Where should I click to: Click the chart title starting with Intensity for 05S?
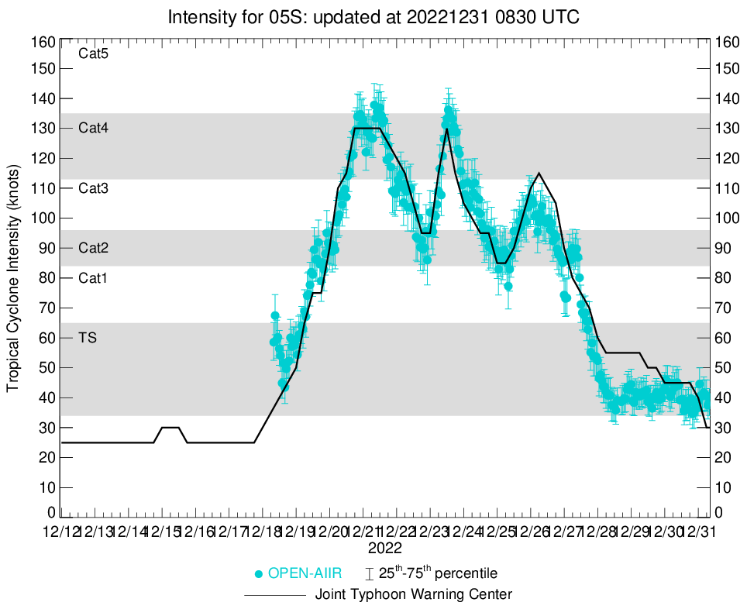(x=373, y=17)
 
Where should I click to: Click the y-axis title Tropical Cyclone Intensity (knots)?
(x=13, y=277)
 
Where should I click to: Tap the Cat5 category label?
(x=93, y=53)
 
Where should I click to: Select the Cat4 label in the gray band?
(x=93, y=128)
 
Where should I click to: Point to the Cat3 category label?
(x=93, y=188)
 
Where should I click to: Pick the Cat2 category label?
(x=93, y=248)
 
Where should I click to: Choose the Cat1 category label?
(x=93, y=277)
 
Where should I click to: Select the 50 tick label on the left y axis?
(x=46, y=367)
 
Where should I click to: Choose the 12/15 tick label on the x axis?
(x=163, y=532)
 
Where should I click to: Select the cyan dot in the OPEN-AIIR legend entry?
(x=259, y=574)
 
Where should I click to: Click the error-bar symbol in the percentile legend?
(x=370, y=574)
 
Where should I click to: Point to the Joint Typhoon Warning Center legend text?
(x=414, y=595)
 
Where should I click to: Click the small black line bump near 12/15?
(x=170, y=427)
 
